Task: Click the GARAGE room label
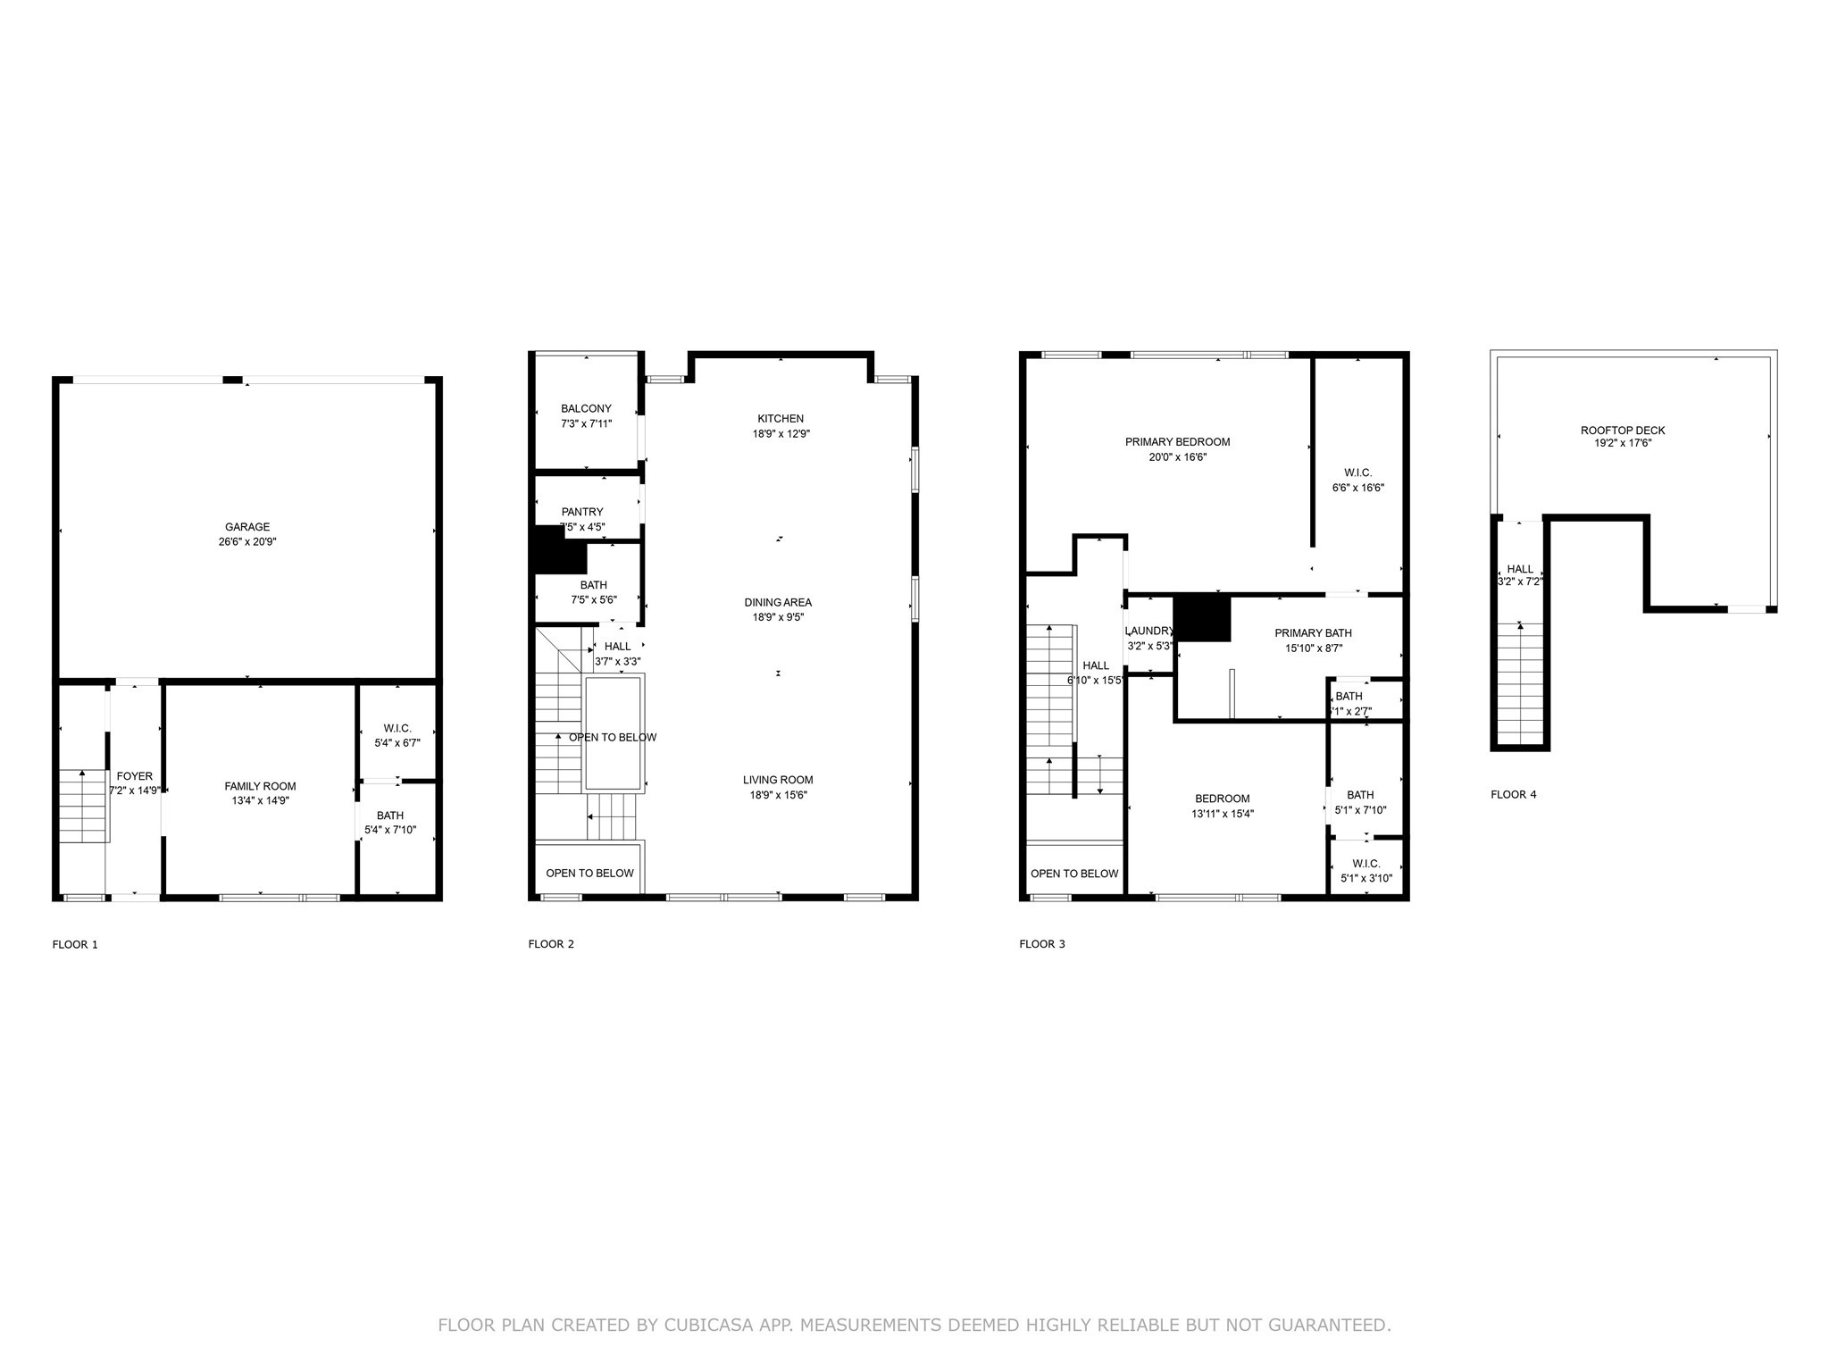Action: [246, 527]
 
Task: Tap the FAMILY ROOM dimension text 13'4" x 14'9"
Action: [260, 801]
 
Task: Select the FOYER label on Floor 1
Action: [135, 776]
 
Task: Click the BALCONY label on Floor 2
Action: [586, 409]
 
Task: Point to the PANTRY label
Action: [582, 512]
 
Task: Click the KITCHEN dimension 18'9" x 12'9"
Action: [781, 434]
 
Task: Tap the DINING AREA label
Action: [778, 602]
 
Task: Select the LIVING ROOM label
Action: [778, 780]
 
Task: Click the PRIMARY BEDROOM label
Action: [1177, 442]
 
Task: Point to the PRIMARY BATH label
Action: [1313, 633]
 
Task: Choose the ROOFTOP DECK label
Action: [1623, 431]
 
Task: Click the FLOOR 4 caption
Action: [1513, 794]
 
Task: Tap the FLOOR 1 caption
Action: [75, 944]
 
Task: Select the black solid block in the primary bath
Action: [1202, 618]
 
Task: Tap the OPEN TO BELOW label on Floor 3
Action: [1073, 874]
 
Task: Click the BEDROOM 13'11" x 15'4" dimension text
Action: [1222, 814]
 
